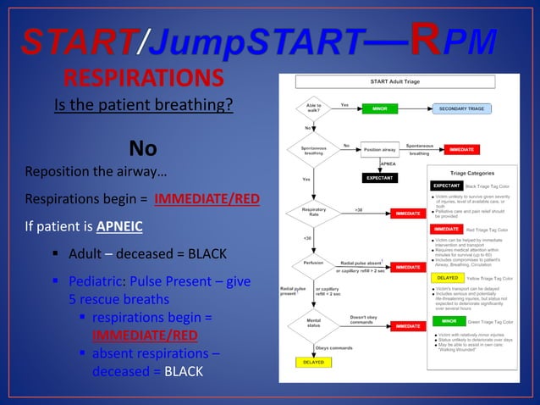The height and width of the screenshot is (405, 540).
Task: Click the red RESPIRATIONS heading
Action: (x=144, y=79)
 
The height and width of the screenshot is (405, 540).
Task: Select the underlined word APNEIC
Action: (x=118, y=227)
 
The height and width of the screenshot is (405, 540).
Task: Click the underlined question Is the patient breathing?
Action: (x=143, y=106)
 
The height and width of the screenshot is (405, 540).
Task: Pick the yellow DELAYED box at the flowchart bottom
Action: (x=308, y=362)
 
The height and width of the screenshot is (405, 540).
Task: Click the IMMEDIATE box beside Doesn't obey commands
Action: (x=407, y=326)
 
